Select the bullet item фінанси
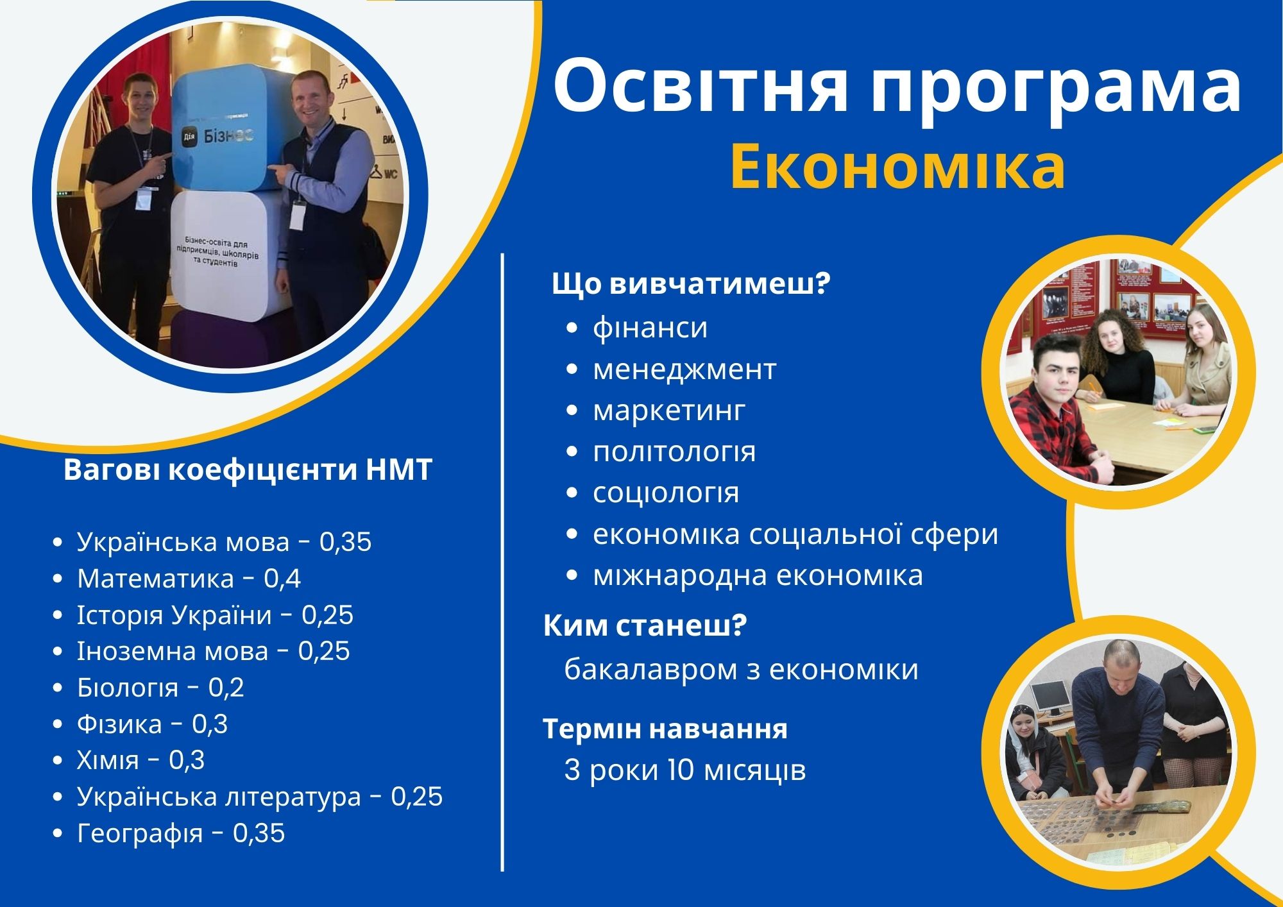tap(650, 328)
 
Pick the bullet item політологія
tap(674, 452)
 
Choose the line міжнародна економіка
tap(758, 575)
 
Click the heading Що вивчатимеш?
tap(692, 284)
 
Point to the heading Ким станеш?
tap(645, 625)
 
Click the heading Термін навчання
tap(665, 729)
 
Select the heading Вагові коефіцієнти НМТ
tap(248, 470)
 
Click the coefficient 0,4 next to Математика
tap(282, 579)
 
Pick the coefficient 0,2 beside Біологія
tap(226, 688)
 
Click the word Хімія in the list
tap(108, 760)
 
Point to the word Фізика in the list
tap(119, 724)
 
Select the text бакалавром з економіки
tap(741, 670)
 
